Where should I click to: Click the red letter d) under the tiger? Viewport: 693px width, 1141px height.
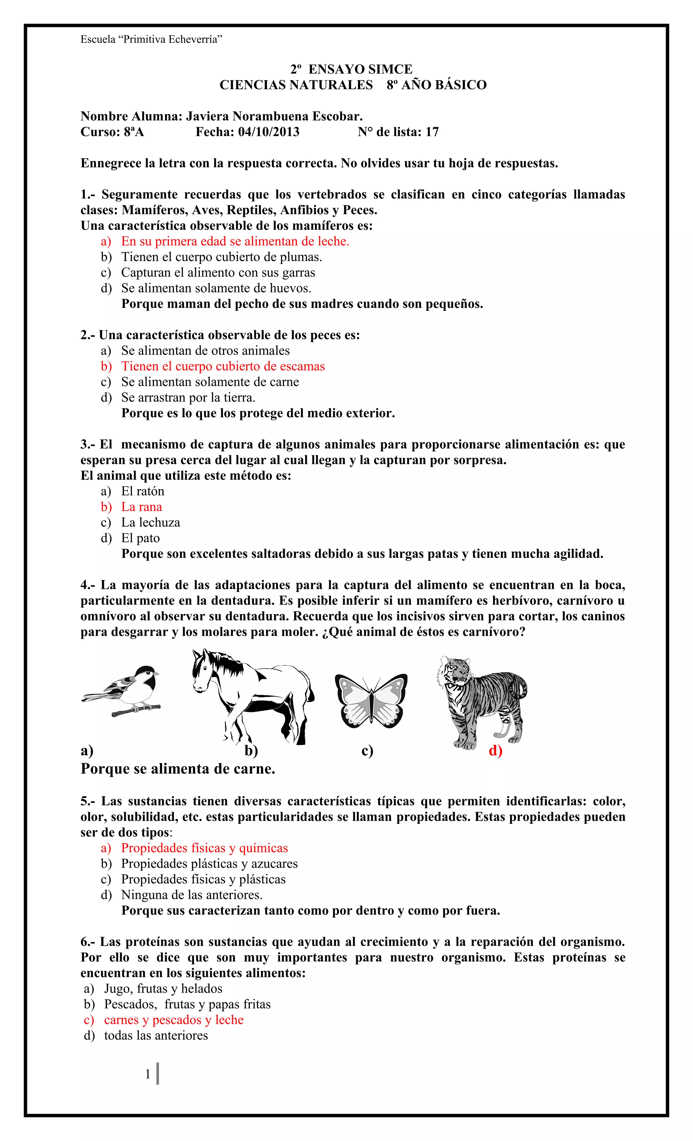[x=495, y=751]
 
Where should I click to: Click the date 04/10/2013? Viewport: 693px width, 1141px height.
[x=269, y=132]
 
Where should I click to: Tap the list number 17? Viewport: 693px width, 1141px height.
[x=432, y=132]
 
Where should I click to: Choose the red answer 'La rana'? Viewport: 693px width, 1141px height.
[x=141, y=507]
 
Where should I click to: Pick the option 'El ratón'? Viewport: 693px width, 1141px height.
[x=143, y=491]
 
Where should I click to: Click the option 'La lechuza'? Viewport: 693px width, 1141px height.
[x=151, y=522]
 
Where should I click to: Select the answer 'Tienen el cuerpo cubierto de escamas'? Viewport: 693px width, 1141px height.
[x=223, y=366]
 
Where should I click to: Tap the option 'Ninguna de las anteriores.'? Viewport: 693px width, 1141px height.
[x=192, y=895]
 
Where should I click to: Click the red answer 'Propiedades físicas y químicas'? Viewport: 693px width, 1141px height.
[x=204, y=848]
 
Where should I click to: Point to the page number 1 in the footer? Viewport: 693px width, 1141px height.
[x=148, y=1074]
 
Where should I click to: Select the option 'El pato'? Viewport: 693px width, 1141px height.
[x=140, y=538]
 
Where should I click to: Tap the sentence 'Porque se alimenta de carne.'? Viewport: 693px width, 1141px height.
[x=178, y=769]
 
